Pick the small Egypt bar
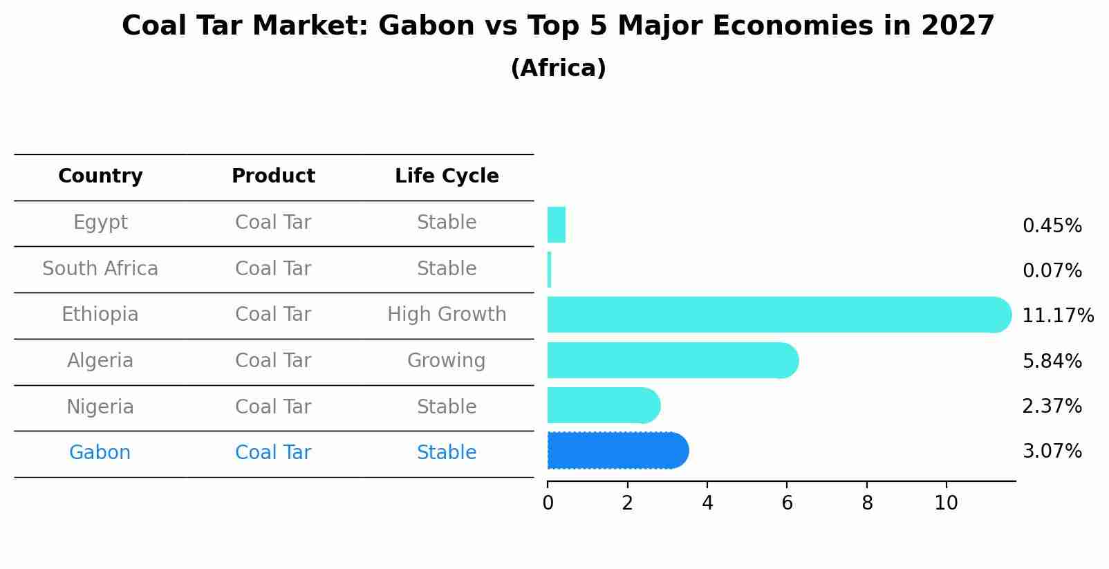coord(556,225)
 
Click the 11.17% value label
coord(1057,316)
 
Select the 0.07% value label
coord(1052,271)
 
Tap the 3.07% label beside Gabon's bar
coord(1052,451)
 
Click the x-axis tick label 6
coord(787,503)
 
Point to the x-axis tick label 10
coord(946,503)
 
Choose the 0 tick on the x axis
coord(548,503)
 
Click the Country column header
coord(100,176)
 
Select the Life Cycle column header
coord(447,176)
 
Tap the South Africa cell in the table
coord(100,269)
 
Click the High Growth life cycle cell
coord(447,315)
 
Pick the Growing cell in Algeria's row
coord(446,361)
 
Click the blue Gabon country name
coord(100,453)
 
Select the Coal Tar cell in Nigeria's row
coord(273,407)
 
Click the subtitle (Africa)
coord(558,68)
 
